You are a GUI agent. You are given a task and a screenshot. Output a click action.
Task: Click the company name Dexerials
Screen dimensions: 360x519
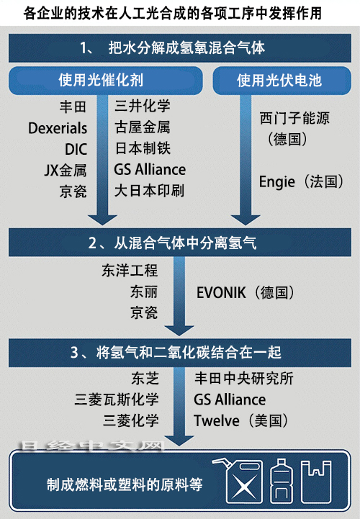[58, 128]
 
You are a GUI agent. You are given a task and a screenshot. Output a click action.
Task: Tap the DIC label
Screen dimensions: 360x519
[76, 149]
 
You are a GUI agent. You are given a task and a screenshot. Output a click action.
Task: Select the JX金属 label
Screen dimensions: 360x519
[66, 170]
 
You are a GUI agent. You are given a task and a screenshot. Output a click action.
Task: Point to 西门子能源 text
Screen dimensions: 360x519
[294, 118]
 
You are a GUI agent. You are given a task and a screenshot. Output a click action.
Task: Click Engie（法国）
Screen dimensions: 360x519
[301, 181]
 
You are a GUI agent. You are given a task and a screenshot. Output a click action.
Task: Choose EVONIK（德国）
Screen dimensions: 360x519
[246, 292]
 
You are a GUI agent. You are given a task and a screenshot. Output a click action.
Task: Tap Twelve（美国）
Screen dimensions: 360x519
[241, 420]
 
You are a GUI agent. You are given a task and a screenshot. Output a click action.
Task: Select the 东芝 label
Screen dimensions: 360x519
[145, 379]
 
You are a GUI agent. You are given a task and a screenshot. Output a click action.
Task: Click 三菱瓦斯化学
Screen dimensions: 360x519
[117, 400]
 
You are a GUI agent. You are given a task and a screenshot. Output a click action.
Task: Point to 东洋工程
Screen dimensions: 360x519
[130, 271]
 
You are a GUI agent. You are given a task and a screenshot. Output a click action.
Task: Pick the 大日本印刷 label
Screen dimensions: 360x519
[149, 191]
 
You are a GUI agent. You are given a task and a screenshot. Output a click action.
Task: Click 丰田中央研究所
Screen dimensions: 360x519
[244, 379]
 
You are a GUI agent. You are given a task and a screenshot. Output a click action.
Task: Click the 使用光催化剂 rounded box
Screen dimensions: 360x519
[106, 81]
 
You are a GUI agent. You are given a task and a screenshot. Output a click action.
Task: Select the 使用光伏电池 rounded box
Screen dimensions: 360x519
[282, 81]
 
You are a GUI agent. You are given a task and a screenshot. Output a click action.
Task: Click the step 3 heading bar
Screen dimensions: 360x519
[180, 353]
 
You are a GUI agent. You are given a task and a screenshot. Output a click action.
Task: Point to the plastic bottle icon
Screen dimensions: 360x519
[282, 482]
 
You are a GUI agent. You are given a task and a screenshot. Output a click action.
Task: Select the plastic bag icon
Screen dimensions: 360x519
[316, 482]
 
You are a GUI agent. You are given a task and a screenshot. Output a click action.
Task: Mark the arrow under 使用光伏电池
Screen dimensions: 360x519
[246, 160]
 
